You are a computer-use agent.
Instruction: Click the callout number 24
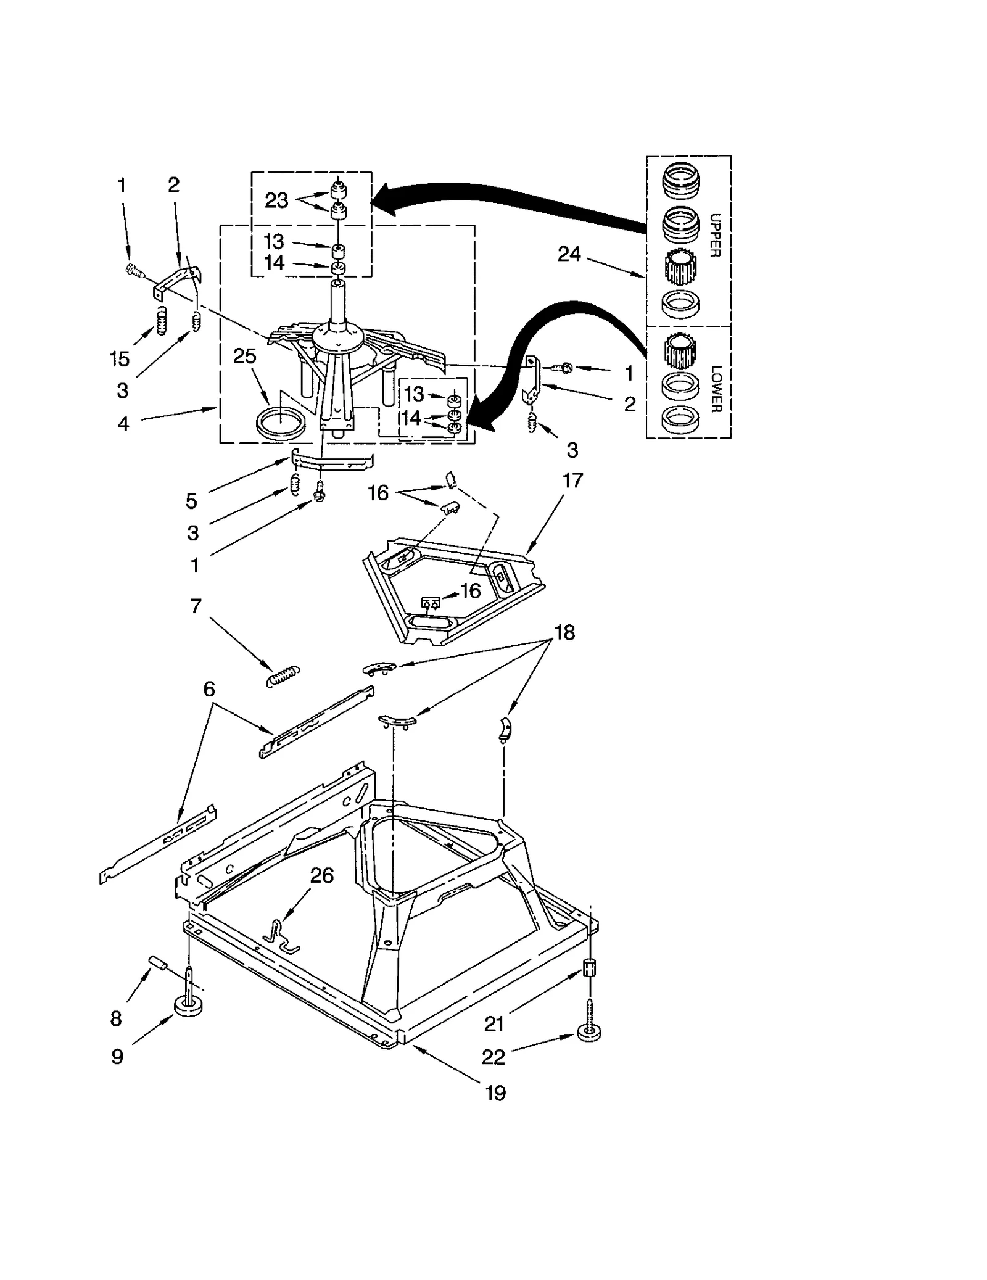[x=569, y=254]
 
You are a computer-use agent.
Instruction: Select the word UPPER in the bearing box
[x=715, y=235]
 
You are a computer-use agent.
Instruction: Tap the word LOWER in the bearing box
[x=716, y=389]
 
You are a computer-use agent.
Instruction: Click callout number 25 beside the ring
[x=245, y=356]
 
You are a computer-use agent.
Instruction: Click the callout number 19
[x=495, y=1093]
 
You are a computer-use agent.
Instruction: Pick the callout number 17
[x=572, y=480]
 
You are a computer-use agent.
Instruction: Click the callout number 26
[x=321, y=875]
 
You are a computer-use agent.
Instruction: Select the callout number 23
[x=276, y=200]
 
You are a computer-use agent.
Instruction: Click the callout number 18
[x=564, y=632]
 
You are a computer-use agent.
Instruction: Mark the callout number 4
[x=123, y=424]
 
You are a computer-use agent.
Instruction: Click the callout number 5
[x=191, y=501]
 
